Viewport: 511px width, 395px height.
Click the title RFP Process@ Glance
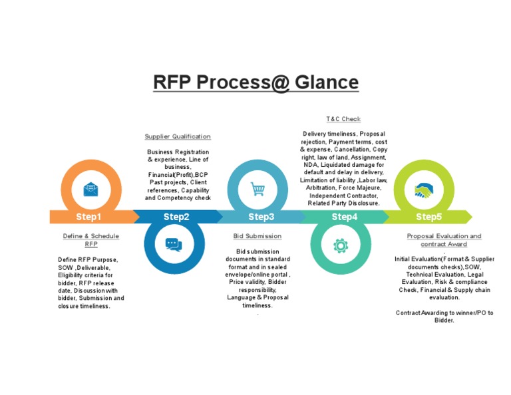[x=255, y=82]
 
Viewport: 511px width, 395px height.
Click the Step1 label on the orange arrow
[x=88, y=217]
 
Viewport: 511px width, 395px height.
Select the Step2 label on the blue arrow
[x=176, y=217]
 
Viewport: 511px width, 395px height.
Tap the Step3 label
[x=261, y=217]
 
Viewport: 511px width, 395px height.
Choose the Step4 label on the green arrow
[x=345, y=217]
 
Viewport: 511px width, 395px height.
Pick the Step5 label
[x=428, y=217]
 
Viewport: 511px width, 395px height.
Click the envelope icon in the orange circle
[x=90, y=190]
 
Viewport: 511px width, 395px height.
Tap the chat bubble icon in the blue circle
[x=174, y=245]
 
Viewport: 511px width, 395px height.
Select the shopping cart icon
[x=257, y=190]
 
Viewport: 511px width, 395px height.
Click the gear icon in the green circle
[x=341, y=245]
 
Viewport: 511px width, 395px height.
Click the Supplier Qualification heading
[x=178, y=136]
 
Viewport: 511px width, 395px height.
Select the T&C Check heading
[x=343, y=119]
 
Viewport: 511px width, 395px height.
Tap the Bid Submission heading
[x=257, y=236]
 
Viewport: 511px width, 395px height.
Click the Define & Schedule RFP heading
[x=90, y=240]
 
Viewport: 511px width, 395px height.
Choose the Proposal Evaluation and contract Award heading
[x=444, y=240]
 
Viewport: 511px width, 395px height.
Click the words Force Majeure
[x=357, y=188]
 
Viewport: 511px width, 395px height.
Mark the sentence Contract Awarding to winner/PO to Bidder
[x=444, y=316]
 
